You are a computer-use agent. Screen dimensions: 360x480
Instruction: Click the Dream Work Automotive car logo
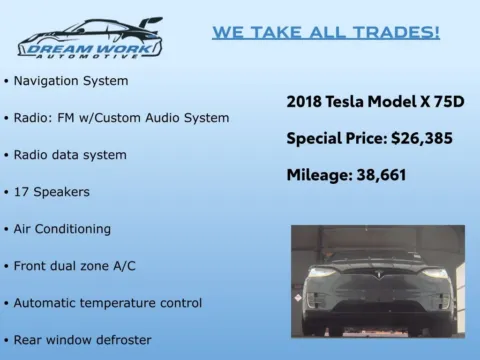click(90, 37)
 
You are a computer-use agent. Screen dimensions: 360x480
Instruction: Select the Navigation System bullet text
click(71, 79)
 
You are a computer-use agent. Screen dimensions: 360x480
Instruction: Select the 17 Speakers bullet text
click(52, 191)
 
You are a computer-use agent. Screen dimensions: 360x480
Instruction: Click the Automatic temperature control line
click(108, 302)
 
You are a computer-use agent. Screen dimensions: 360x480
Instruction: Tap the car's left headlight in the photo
click(321, 272)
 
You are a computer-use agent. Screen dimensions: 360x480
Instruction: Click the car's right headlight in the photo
click(435, 273)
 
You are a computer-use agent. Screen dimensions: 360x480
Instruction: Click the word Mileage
click(322, 174)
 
